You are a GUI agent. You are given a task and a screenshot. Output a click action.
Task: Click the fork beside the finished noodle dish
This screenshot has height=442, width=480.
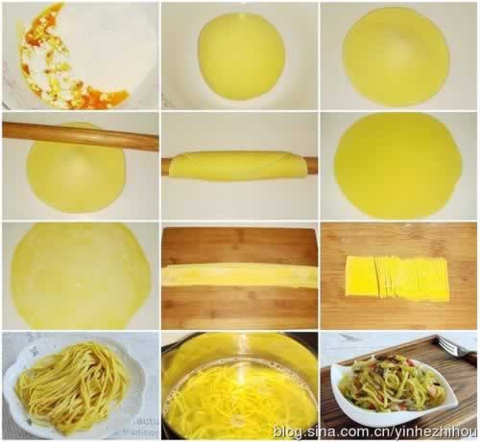(454, 349)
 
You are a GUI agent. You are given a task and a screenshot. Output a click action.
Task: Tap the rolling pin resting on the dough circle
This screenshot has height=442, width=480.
(80, 135)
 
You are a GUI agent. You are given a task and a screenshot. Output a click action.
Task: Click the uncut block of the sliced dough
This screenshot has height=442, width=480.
(361, 276)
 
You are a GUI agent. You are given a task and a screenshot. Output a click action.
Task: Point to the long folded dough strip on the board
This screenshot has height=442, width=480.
(239, 275)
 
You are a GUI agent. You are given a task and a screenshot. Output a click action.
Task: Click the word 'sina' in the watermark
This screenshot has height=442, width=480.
(323, 432)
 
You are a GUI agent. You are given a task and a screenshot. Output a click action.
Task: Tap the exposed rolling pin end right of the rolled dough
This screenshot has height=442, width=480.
(313, 167)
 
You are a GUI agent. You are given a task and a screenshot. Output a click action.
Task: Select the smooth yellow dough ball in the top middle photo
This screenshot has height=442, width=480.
(241, 57)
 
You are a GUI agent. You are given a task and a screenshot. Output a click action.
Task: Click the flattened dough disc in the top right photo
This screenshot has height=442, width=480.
(396, 57)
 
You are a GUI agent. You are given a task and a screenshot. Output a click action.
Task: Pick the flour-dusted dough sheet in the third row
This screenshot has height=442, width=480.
(81, 275)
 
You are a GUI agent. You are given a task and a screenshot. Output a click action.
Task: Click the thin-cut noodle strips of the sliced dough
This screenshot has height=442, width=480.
(413, 279)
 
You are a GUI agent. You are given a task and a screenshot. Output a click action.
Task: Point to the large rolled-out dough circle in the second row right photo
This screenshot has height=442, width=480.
(398, 166)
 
